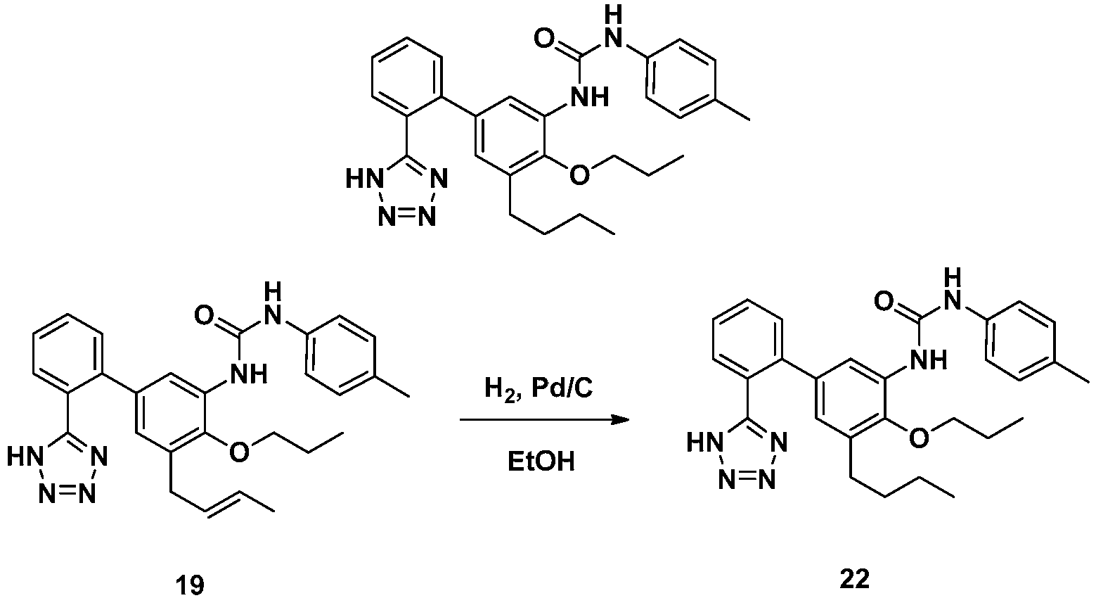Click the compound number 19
pyautogui.click(x=191, y=585)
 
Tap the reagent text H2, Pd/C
pyautogui.click(x=539, y=389)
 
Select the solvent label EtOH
pyautogui.click(x=541, y=462)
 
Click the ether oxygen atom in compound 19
pyautogui.click(x=238, y=452)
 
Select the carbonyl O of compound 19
pyautogui.click(x=204, y=315)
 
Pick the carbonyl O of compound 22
pyautogui.click(x=884, y=300)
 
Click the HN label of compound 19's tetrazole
pyautogui.click(x=23, y=457)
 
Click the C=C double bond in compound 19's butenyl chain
pyautogui.click(x=224, y=502)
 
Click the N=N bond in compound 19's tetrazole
pyautogui.click(x=66, y=494)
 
